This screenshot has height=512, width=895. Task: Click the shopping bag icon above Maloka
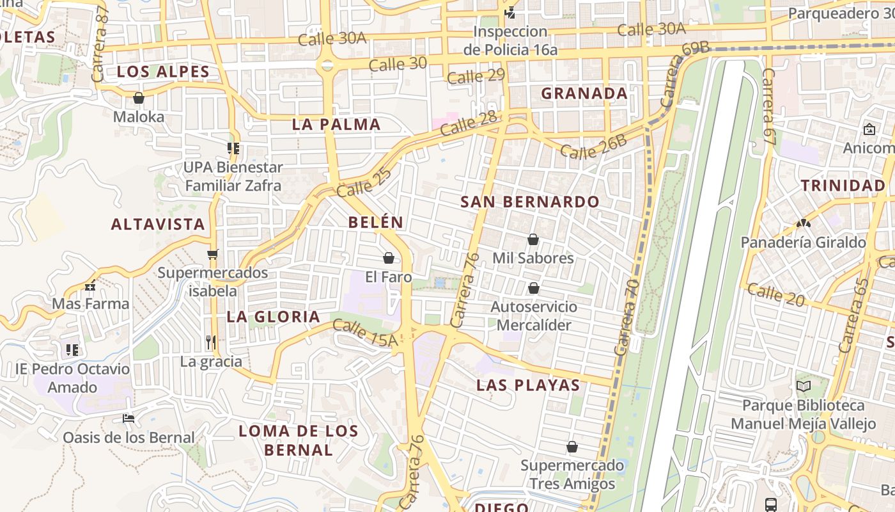click(138, 99)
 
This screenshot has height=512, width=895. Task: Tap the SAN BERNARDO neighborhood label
click(530, 202)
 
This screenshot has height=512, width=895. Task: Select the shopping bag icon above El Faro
click(388, 258)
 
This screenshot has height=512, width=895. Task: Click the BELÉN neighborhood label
click(376, 222)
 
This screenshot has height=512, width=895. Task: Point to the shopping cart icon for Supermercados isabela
click(213, 254)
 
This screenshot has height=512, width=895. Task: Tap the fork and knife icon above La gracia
click(211, 342)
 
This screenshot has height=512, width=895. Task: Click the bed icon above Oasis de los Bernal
click(128, 419)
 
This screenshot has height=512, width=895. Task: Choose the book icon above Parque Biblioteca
click(803, 387)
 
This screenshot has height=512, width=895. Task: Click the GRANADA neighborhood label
click(584, 93)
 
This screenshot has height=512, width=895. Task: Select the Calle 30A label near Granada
click(651, 29)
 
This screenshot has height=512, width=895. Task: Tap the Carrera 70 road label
click(626, 317)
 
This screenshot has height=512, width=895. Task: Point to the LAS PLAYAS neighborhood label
click(528, 385)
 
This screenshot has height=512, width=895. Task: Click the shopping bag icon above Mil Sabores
click(533, 239)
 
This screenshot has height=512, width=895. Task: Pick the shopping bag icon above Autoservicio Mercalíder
click(533, 288)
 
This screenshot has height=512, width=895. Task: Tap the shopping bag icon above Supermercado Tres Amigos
click(572, 447)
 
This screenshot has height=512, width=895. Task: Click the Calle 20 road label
click(775, 294)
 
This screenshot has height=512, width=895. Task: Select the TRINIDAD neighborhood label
click(843, 186)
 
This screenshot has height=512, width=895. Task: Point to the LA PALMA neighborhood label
click(336, 124)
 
